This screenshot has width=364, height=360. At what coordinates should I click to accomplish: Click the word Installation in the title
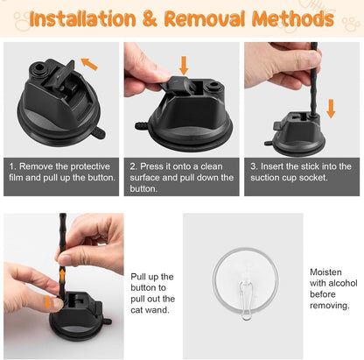(83, 18)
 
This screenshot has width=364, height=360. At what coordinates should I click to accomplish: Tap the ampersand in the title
(150, 19)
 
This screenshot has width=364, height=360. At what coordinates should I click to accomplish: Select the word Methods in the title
(292, 19)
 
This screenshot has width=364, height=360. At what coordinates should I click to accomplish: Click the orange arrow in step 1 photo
(89, 64)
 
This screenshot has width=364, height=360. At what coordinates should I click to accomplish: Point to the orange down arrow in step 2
(184, 66)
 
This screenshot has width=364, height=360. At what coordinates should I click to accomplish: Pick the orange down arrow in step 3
(331, 109)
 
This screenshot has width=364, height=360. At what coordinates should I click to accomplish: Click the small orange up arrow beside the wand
(62, 276)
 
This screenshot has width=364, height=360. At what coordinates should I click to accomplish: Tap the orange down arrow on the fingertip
(47, 302)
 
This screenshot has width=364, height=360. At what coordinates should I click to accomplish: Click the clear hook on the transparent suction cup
(246, 300)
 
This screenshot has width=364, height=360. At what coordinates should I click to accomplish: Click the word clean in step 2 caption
(212, 166)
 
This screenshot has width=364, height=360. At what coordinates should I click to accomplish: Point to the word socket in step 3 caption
(315, 178)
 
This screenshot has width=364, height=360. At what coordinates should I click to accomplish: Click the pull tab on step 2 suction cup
(142, 126)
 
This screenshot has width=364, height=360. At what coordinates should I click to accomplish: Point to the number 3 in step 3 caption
(253, 166)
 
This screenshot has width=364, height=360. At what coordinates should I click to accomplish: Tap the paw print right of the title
(351, 25)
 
